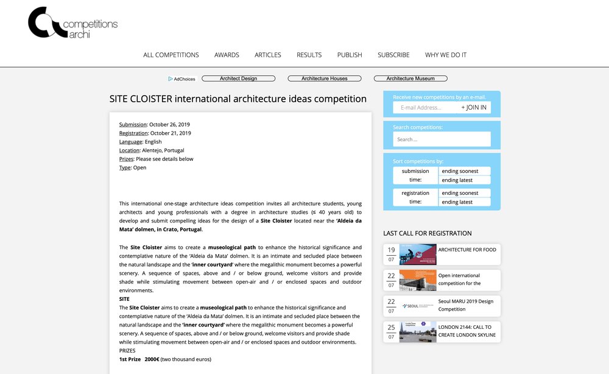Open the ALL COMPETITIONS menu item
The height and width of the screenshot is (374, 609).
click(x=171, y=55)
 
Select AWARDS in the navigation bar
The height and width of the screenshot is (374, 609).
click(x=227, y=55)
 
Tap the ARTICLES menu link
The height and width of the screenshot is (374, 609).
click(x=268, y=55)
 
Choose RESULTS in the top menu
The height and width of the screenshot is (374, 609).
click(x=309, y=55)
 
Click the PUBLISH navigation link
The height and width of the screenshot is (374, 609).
click(x=350, y=55)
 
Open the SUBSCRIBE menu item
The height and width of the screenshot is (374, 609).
click(x=393, y=55)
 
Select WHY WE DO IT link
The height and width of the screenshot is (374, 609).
click(x=446, y=55)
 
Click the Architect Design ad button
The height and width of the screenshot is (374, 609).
click(x=238, y=79)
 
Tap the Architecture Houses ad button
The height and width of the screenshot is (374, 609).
click(x=324, y=79)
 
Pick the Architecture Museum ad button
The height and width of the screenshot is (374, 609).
click(x=410, y=79)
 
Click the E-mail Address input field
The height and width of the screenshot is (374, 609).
click(x=425, y=108)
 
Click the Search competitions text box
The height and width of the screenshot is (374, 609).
click(x=442, y=139)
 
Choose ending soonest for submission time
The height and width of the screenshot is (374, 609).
click(x=464, y=171)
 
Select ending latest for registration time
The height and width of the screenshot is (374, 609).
click(x=464, y=202)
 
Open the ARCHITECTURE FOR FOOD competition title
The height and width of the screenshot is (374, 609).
click(x=467, y=250)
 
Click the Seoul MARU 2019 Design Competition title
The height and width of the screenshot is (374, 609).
click(x=466, y=305)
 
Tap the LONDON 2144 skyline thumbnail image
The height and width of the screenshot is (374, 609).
click(x=418, y=331)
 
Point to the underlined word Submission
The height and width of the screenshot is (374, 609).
click(x=133, y=124)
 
